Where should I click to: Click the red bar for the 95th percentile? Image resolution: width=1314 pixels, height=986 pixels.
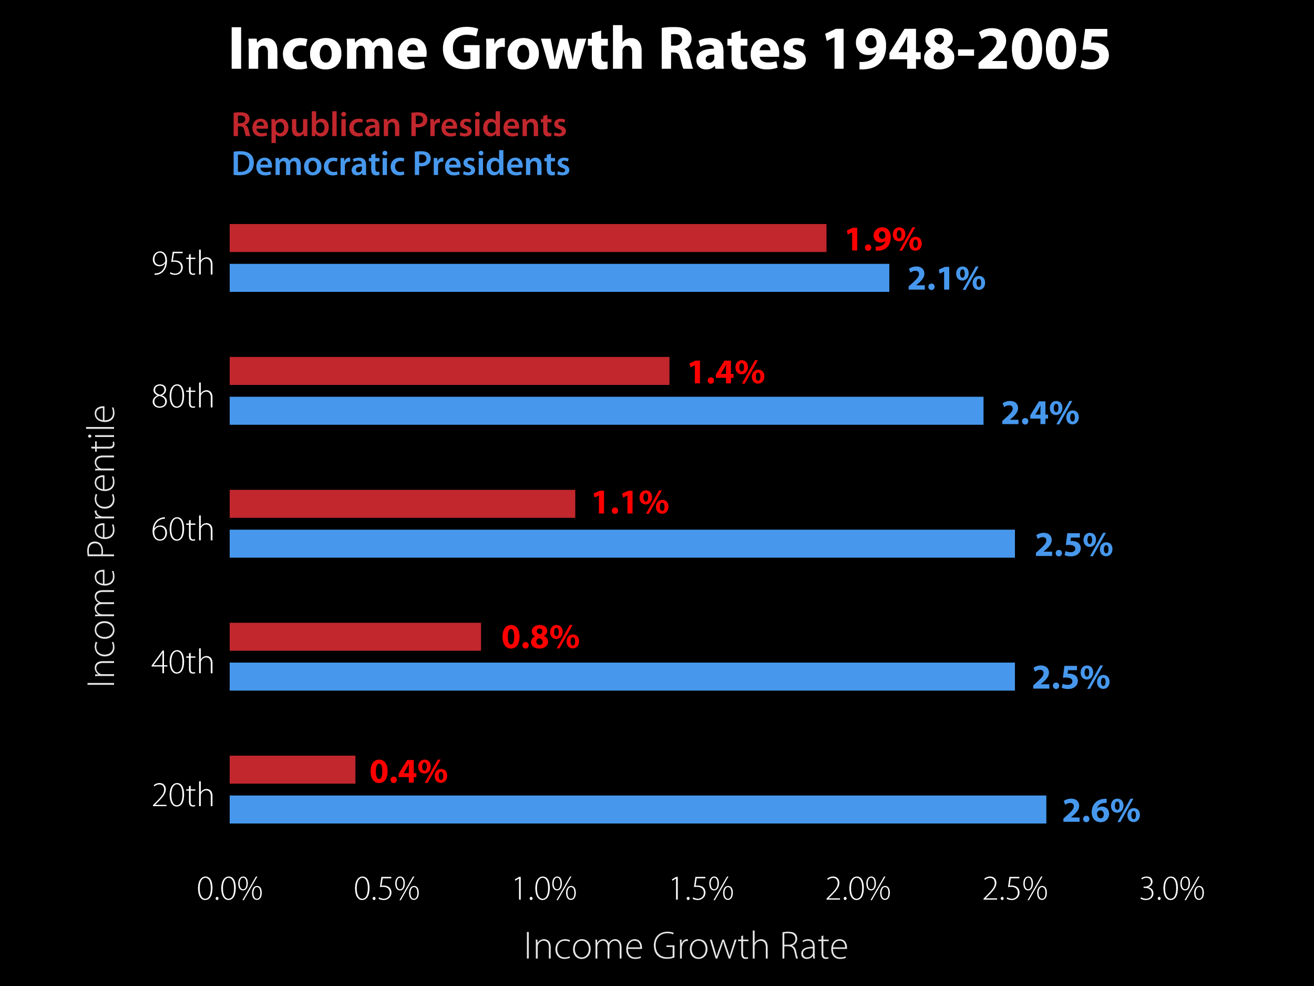pos(528,238)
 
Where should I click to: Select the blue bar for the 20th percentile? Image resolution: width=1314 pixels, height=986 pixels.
pos(638,809)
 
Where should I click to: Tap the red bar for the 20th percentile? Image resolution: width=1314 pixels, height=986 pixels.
pos(292,770)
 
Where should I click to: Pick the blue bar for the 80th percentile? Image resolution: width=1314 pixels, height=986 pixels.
pos(606,411)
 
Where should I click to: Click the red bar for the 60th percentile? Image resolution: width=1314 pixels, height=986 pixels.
pos(402,504)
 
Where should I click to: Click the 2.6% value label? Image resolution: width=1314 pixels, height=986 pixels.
pos(1101,811)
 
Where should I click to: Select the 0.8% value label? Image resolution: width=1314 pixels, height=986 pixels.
pos(540,637)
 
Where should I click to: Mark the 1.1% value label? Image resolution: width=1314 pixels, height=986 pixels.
pos(630,503)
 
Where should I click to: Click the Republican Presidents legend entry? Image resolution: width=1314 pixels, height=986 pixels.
pos(398,125)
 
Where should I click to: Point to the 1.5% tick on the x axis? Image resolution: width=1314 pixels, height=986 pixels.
pos(701,889)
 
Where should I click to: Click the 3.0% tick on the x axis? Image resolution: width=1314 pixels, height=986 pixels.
pos(1172,889)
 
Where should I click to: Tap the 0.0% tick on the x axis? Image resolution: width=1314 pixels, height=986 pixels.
pos(229,889)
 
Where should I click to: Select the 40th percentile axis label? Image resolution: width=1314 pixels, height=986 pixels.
pos(182,662)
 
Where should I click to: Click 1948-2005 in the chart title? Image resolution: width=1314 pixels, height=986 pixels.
pos(967,50)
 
